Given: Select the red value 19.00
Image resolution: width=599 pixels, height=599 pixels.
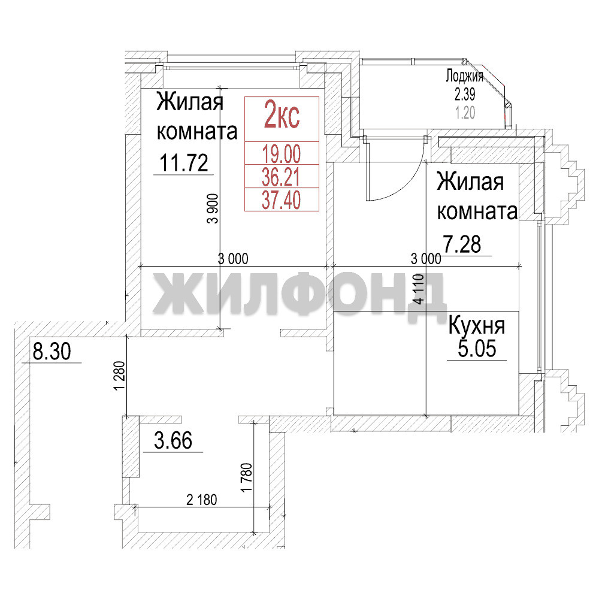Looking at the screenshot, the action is (x=282, y=154).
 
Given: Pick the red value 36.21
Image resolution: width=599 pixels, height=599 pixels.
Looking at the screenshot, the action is (x=282, y=177).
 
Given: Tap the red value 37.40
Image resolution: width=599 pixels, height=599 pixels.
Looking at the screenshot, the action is (x=282, y=200).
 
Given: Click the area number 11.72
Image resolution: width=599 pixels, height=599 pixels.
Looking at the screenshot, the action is (x=184, y=163).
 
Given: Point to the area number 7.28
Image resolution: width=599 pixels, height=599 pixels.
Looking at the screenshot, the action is (x=462, y=244).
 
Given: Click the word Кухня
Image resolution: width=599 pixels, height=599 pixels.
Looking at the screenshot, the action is (x=477, y=325).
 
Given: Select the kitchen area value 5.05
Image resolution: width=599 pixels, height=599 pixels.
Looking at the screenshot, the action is (x=477, y=349).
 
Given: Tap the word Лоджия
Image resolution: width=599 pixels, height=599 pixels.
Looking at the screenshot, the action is (x=465, y=77).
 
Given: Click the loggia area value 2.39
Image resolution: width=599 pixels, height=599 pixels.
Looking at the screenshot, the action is (x=465, y=93).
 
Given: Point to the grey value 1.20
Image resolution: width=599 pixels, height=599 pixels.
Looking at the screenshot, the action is (x=465, y=113).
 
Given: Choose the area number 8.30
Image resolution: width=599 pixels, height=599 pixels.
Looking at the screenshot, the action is (x=52, y=351).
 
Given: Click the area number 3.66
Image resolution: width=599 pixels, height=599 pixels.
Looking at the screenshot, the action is (x=173, y=440).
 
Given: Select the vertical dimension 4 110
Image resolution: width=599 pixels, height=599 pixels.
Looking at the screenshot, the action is (x=419, y=289).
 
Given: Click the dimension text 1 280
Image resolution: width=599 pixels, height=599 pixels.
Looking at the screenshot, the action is (x=119, y=376).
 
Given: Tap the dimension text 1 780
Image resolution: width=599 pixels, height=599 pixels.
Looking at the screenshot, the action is (x=247, y=477).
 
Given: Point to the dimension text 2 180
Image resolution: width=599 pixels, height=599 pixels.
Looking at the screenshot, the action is (x=202, y=500).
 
